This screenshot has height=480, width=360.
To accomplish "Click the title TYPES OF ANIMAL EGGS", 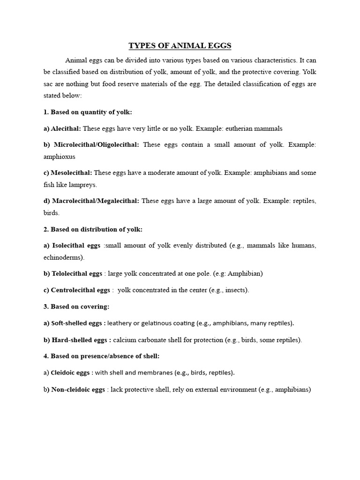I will [x=180, y=46].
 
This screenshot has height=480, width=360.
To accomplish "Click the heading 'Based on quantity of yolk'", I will [x=92, y=112].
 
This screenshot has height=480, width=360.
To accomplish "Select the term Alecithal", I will [x=65, y=128].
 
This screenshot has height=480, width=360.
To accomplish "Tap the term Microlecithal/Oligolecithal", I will [x=96, y=145].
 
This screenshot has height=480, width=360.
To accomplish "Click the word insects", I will [x=234, y=290].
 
